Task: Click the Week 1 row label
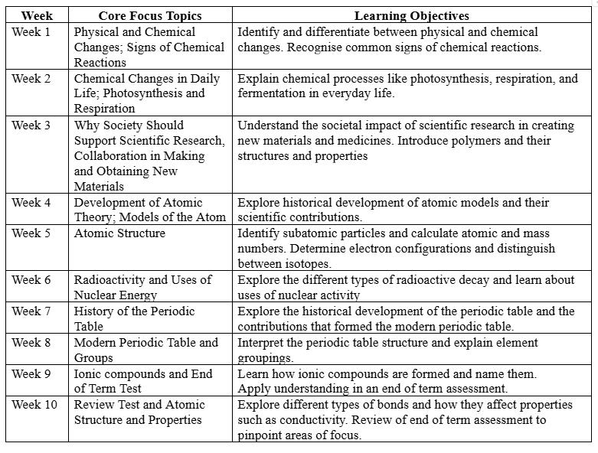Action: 31,32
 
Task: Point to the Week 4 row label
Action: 31,203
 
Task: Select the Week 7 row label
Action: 31,311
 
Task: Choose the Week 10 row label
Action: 34,404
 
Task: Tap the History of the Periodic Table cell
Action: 134,319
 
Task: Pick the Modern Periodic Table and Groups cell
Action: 145,350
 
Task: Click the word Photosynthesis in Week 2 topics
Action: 141,93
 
